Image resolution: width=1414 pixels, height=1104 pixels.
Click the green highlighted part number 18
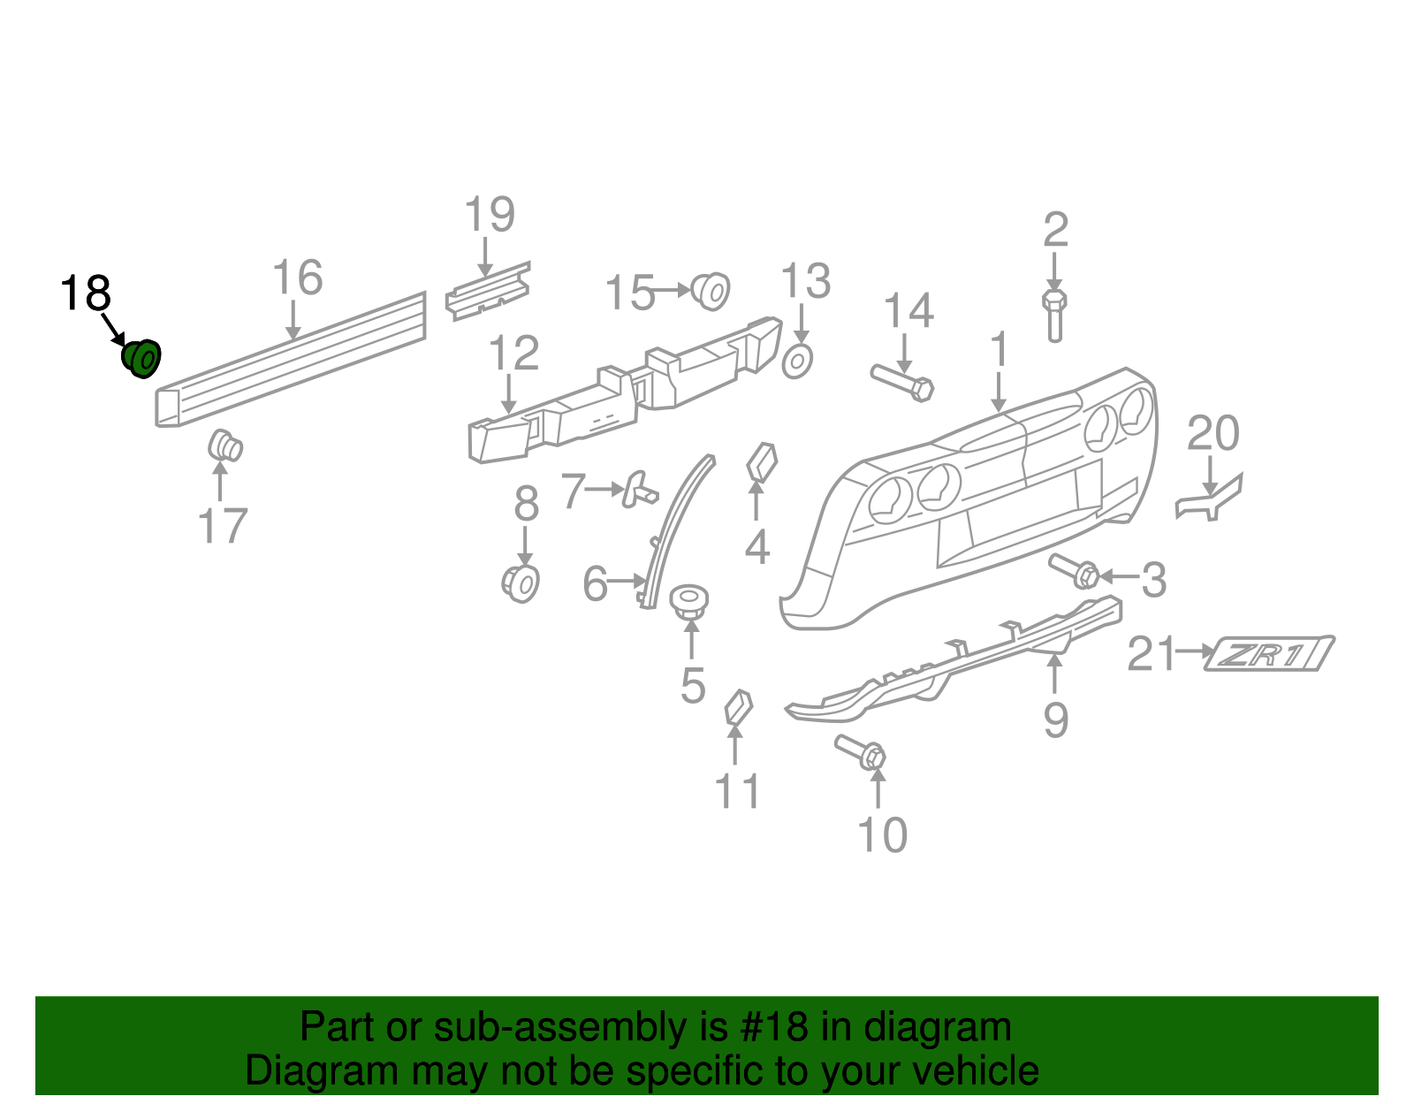[x=141, y=358]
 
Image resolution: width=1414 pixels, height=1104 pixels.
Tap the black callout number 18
[x=86, y=293]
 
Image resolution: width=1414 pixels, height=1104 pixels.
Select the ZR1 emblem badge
[x=1269, y=654]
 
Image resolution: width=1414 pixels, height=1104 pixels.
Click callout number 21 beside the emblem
[x=1152, y=654]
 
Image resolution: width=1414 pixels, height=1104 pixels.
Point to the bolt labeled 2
[x=1054, y=315]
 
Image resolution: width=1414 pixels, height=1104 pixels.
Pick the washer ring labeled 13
[x=797, y=361]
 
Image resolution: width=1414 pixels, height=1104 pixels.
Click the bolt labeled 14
[x=902, y=383]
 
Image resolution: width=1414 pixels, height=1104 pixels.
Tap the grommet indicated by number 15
[x=711, y=290]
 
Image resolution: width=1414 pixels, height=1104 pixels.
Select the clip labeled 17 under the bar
[x=225, y=446]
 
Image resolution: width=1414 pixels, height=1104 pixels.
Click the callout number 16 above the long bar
[x=298, y=278]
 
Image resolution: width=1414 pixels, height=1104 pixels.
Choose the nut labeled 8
[x=521, y=583]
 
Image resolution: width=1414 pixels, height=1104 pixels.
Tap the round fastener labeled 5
[x=689, y=601]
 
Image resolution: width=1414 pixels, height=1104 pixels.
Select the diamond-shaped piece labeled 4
[x=761, y=462]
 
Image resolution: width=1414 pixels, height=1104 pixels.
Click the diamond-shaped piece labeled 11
[x=738, y=707]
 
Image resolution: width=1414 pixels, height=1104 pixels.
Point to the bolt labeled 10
[x=861, y=752]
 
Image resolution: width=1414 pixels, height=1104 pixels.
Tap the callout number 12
[x=513, y=354]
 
